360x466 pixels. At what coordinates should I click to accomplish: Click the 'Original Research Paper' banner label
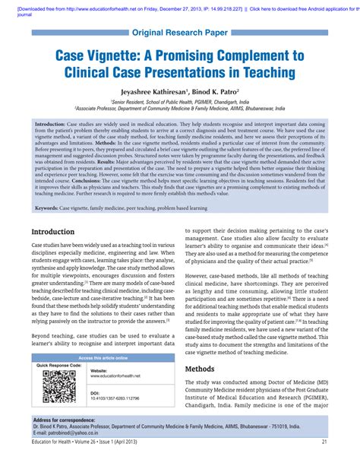pyautogui.click(x=179, y=33)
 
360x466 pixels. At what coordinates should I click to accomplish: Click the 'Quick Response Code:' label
pyautogui.click(x=60, y=366)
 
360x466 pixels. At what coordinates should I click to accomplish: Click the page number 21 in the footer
pyautogui.click(x=324, y=441)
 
